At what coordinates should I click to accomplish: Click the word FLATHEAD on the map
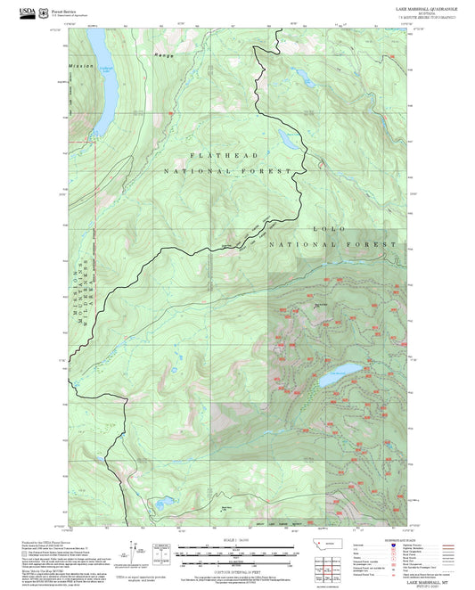point(214,155)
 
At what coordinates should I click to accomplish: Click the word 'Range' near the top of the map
point(164,55)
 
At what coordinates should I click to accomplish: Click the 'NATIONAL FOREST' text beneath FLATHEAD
point(227,170)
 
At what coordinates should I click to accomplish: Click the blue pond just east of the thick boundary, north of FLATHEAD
point(287,138)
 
